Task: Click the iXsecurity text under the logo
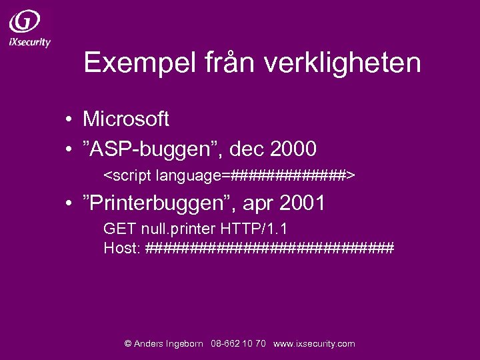(x=30, y=41)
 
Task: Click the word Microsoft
(x=125, y=119)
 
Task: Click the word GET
(x=117, y=229)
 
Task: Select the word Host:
(x=122, y=248)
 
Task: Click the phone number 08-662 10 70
(x=238, y=344)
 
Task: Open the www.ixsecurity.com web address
(x=314, y=344)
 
